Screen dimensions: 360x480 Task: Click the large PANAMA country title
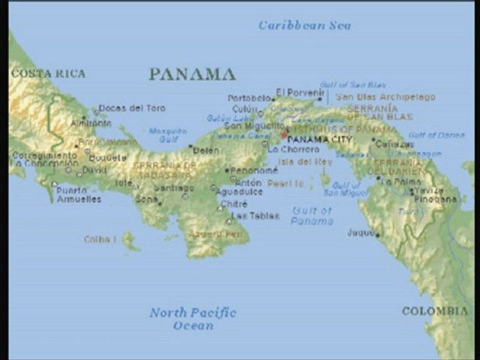click(192, 74)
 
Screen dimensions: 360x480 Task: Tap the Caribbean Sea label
click(304, 25)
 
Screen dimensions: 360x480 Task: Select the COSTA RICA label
click(48, 73)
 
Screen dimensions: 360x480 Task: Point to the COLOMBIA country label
click(435, 311)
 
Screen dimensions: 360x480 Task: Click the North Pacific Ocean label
click(193, 319)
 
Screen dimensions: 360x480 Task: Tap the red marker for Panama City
click(283, 135)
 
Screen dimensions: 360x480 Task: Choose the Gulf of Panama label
click(312, 215)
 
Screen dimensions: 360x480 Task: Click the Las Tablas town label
click(256, 216)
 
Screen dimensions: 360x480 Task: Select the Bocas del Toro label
click(132, 108)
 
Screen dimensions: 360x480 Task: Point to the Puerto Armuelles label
click(78, 194)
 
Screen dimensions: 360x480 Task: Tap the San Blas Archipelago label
click(385, 97)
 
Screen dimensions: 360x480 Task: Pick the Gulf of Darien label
click(436, 135)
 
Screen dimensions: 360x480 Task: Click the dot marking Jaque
click(377, 234)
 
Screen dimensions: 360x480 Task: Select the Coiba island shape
click(129, 240)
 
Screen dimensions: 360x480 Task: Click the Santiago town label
click(173, 188)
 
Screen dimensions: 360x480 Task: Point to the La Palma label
click(400, 181)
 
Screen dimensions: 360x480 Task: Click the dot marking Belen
click(190, 146)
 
